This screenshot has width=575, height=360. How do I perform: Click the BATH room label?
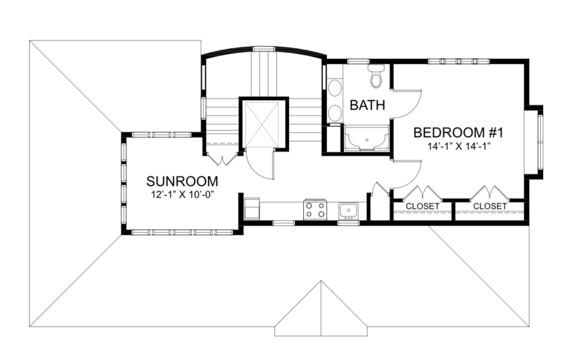pos(367,105)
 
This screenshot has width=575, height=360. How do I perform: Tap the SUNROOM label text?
pos(182,181)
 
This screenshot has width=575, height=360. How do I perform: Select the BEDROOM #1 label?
pos(458,133)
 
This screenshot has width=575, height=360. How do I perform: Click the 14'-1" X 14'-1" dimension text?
pos(459,147)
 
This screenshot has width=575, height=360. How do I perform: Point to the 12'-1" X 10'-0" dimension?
pos(182,194)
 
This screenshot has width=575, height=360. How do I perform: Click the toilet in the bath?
pos(376,76)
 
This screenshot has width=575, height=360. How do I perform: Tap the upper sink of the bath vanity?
pos(335,88)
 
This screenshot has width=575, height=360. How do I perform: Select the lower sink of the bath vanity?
pos(335,113)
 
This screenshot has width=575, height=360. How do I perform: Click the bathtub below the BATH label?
pos(367,138)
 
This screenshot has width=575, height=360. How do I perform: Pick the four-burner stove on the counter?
pos(315,209)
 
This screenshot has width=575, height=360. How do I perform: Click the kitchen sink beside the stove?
pos(348,211)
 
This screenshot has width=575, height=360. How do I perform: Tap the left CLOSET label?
pos(422,206)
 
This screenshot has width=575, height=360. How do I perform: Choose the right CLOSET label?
pos(490,206)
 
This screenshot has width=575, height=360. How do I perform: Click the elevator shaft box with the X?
pos(262,125)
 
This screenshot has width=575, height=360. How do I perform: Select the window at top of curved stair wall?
pos(264,48)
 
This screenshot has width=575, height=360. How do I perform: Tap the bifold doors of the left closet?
pos(422,193)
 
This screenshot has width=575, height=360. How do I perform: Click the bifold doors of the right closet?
pos(489,193)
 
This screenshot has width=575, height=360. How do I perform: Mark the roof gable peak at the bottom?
pos(321,281)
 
